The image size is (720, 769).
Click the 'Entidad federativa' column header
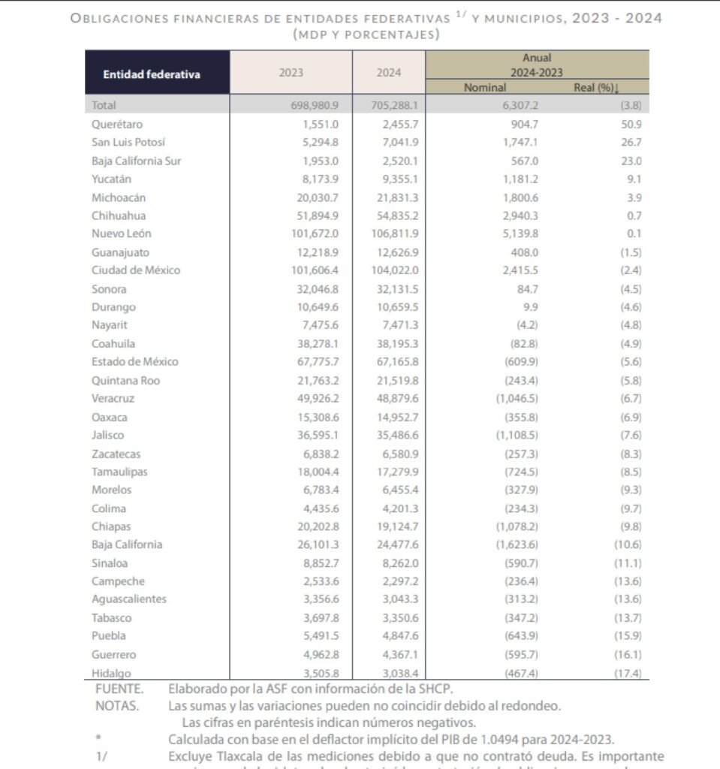pyautogui.click(x=152, y=74)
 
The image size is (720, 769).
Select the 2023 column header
pyautogui.click(x=291, y=73)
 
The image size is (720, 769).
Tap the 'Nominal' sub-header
pyautogui.click(x=485, y=88)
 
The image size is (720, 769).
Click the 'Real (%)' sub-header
pyautogui.click(x=594, y=88)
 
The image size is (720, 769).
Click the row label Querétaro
pyautogui.click(x=117, y=125)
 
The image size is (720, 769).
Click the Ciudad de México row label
pyautogui.click(x=136, y=270)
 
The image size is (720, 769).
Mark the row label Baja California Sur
pyautogui.click(x=136, y=161)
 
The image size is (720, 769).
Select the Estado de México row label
pyautogui.click(x=134, y=361)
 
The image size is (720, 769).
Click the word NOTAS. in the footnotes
pyautogui.click(x=117, y=706)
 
